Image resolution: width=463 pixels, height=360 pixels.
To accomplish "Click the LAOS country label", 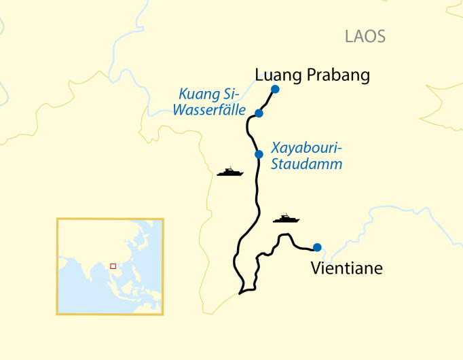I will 365,37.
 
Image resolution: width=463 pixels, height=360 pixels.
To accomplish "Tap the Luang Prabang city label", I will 312,75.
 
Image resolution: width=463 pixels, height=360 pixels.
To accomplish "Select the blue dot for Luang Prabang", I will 275,89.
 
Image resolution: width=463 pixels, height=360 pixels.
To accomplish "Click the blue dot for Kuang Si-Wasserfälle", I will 259,113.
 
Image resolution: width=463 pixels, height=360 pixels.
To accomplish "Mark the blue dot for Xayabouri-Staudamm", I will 259,154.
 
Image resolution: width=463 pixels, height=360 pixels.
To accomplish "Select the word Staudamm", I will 306,164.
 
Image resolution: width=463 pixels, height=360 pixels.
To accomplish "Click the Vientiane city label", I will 346,268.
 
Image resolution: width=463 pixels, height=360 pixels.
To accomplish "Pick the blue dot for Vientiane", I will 317,247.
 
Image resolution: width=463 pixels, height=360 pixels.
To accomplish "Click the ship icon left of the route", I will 229,172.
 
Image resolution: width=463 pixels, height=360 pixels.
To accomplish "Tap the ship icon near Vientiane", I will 286,219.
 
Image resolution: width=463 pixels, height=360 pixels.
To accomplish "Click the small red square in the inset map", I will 113,266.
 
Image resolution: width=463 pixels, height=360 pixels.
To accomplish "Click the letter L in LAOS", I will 348,37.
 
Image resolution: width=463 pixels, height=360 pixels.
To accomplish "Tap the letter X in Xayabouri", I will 275,147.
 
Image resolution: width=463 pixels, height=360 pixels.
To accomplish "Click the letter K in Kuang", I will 183,94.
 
